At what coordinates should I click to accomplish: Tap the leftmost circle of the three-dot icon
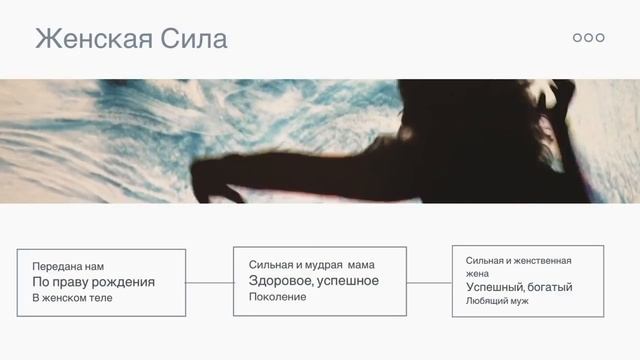[577, 37]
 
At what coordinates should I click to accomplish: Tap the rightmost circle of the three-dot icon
[600, 37]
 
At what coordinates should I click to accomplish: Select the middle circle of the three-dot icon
[589, 37]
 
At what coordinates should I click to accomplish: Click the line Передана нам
[68, 267]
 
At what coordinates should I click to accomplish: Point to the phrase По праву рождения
[93, 282]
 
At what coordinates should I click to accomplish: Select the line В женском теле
[72, 298]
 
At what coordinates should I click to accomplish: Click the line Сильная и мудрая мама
[311, 265]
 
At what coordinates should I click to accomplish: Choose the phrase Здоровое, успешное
[313, 281]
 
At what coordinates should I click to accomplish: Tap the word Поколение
[277, 297]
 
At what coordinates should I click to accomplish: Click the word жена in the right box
[477, 273]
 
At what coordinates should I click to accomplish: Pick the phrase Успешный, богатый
[519, 287]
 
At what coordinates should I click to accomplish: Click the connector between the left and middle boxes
[209, 283]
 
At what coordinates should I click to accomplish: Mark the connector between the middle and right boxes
[429, 283]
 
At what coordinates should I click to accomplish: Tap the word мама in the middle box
[361, 265]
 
